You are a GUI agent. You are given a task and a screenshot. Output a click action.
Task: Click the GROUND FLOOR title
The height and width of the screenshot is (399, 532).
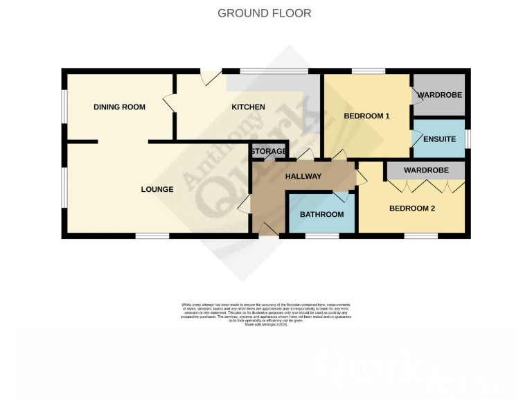(265, 13)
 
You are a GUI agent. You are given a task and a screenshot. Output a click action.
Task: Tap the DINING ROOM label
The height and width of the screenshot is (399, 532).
(120, 107)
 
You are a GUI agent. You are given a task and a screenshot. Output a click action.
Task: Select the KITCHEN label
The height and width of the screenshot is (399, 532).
(248, 107)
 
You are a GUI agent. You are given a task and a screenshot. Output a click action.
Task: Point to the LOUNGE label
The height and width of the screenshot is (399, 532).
(157, 189)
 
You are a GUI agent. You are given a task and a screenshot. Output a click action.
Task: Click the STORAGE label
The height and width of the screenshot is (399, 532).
(269, 152)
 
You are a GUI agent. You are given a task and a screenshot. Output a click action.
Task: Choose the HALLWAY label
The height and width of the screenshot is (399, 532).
(303, 177)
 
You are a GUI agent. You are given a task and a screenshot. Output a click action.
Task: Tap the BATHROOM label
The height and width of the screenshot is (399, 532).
(321, 215)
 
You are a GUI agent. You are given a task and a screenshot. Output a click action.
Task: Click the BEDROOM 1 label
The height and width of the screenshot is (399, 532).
(367, 116)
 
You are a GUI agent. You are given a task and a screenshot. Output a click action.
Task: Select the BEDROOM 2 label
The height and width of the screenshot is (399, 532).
(411, 209)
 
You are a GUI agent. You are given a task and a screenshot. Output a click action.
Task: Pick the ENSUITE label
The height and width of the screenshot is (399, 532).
(439, 140)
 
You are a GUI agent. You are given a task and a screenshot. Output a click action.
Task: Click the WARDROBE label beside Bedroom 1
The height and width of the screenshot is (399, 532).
(439, 95)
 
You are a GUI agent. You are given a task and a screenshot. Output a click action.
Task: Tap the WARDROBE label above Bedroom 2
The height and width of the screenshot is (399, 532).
(425, 170)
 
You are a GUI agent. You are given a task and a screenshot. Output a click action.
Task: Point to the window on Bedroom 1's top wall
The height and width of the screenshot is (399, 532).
(369, 71)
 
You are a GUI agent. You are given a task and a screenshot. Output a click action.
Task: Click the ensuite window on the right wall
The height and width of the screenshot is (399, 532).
(468, 139)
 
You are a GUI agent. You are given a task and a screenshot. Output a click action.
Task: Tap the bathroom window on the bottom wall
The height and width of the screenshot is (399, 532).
(322, 236)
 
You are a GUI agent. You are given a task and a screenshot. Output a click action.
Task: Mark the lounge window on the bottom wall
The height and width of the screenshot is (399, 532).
(152, 236)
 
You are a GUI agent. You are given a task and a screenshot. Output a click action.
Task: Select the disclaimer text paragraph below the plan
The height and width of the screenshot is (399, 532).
(266, 314)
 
